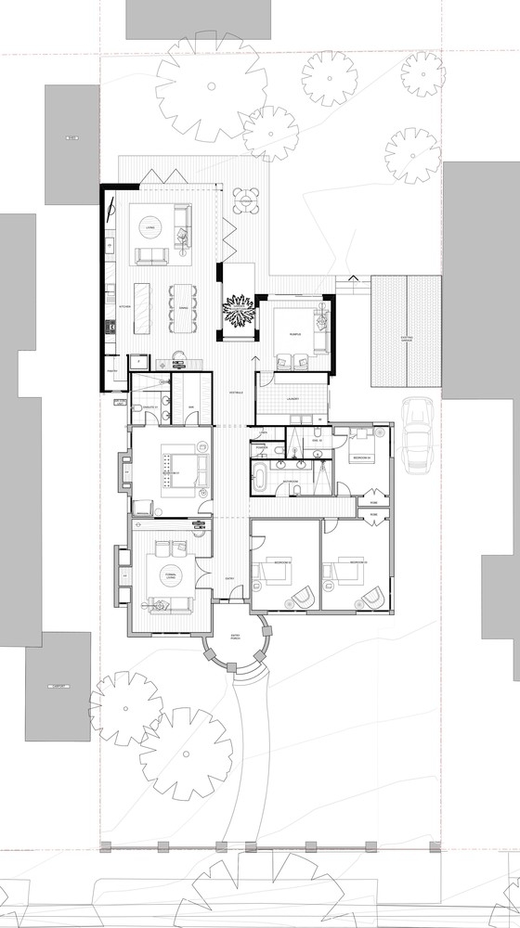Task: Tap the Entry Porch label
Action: [x=234, y=636]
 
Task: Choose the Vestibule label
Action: [x=236, y=393]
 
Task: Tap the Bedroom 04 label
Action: [x=361, y=458]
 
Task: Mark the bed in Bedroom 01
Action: [x=176, y=463]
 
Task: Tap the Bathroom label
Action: [x=291, y=482]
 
